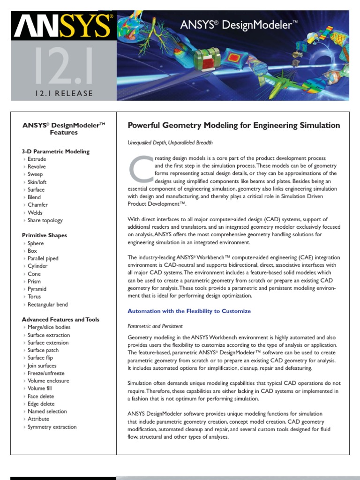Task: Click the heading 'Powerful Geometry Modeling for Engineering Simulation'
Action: tap(234, 125)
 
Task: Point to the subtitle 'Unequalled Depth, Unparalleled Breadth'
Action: tap(170, 142)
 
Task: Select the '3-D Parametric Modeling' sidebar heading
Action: tap(56, 151)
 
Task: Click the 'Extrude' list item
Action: tap(37, 159)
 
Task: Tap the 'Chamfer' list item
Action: tap(37, 205)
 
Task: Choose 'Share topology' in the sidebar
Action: tap(45, 220)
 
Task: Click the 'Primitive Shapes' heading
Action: tap(45, 235)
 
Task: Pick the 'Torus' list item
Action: tap(34, 296)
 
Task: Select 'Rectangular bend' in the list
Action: tap(48, 304)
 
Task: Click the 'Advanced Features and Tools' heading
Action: tap(60, 319)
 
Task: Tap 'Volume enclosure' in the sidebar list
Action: tap(48, 381)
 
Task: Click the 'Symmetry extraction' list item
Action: tap(52, 427)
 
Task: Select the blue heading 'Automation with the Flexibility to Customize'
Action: tap(189, 311)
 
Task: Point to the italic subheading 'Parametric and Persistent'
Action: tap(155, 326)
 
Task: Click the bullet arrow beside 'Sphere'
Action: tap(24, 243)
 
